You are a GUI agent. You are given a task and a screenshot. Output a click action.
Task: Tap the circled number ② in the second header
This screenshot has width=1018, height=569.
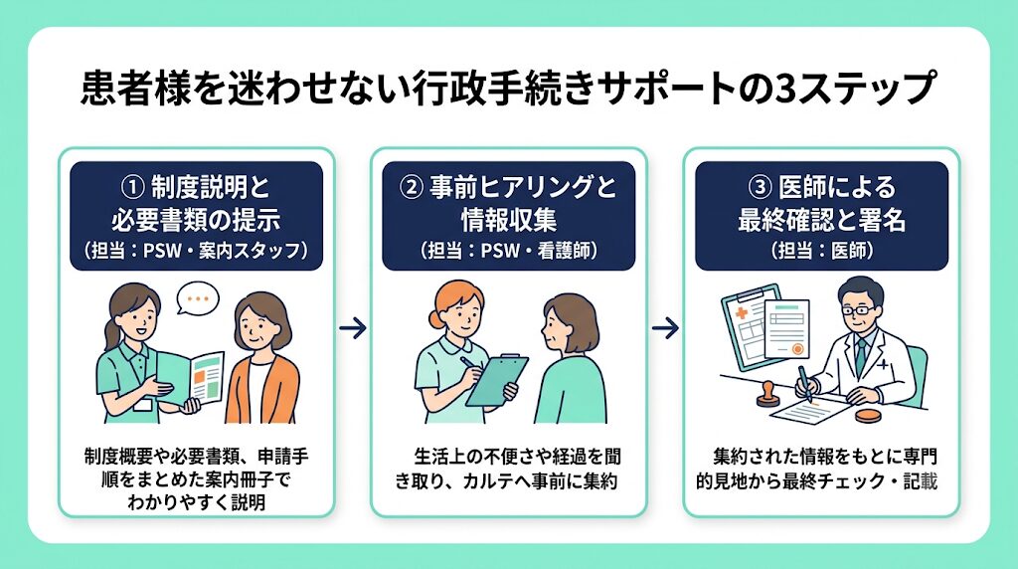click(x=411, y=188)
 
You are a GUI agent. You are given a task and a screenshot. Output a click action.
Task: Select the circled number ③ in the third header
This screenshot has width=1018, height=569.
click(x=760, y=188)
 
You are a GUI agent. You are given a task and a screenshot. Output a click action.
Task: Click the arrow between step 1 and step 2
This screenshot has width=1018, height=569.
click(x=353, y=328)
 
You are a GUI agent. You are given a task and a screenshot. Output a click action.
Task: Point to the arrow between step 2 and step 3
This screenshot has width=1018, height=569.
click(x=665, y=328)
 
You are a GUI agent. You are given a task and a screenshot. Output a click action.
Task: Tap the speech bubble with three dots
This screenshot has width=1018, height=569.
click(x=198, y=299)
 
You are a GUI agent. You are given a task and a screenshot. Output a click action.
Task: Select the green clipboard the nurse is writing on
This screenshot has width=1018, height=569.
click(x=497, y=380)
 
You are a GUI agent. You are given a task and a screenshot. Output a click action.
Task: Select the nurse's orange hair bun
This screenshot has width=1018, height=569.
click(x=435, y=318)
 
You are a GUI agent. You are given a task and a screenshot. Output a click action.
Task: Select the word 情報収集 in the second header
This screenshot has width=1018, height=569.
click(x=509, y=220)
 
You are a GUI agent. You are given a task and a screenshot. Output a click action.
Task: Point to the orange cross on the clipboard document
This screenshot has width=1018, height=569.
click(x=741, y=314)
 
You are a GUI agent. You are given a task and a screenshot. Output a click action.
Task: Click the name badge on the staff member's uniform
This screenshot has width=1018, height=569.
click(x=143, y=405)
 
